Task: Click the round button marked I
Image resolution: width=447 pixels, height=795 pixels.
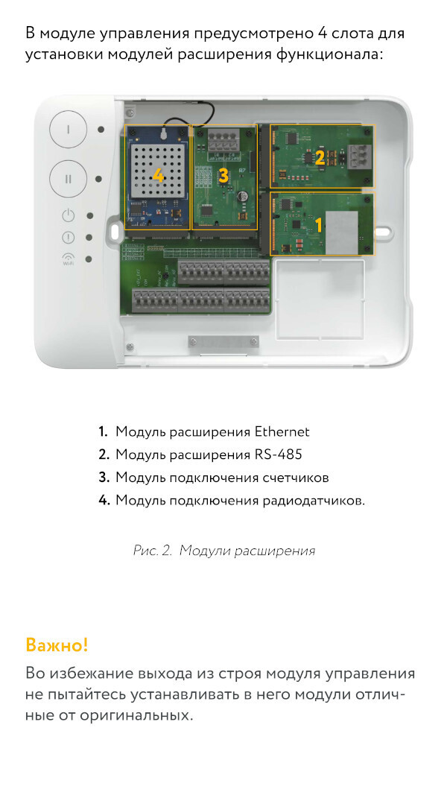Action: pyautogui.click(x=69, y=130)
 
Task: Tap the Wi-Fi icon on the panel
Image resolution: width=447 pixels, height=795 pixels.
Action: pyautogui.click(x=68, y=259)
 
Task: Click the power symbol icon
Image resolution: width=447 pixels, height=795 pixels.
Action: pyautogui.click(x=69, y=215)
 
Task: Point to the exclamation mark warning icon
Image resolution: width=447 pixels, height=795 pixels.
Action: pyautogui.click(x=69, y=237)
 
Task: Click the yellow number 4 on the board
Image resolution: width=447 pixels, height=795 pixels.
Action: pyautogui.click(x=158, y=176)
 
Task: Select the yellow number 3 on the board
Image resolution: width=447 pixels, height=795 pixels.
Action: pyautogui.click(x=223, y=175)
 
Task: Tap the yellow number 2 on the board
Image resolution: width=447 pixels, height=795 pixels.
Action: pyautogui.click(x=320, y=158)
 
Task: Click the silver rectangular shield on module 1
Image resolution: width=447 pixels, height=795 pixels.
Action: pyautogui.click(x=342, y=232)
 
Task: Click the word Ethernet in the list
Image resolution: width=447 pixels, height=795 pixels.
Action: pyautogui.click(x=282, y=432)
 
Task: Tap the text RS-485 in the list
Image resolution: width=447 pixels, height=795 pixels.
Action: pyautogui.click(x=279, y=454)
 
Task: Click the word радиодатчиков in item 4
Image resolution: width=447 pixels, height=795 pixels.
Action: pyautogui.click(x=314, y=501)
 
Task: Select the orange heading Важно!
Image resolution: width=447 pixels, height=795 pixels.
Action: pyautogui.click(x=57, y=645)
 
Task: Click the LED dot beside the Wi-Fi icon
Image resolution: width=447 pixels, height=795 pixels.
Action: pyautogui.click(x=89, y=259)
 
